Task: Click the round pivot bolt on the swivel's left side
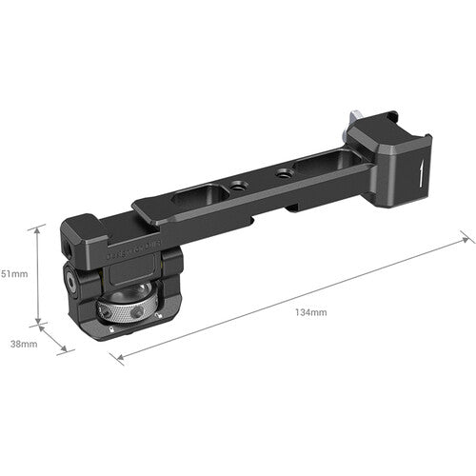pyautogui.click(x=73, y=283)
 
